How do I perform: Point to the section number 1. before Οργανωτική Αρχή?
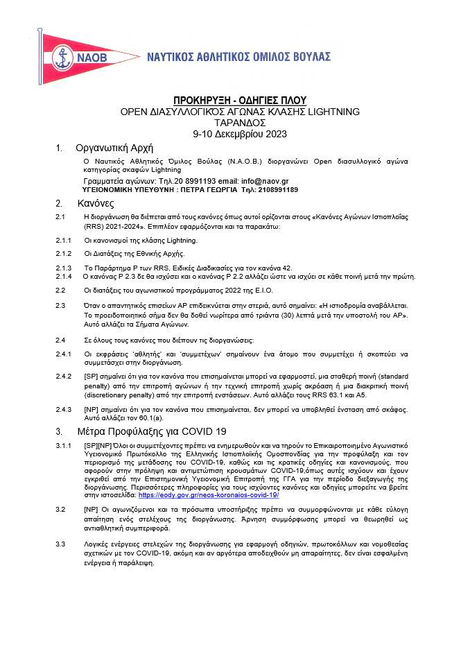pos(60,148)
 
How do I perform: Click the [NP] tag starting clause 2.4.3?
pos(92,410)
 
